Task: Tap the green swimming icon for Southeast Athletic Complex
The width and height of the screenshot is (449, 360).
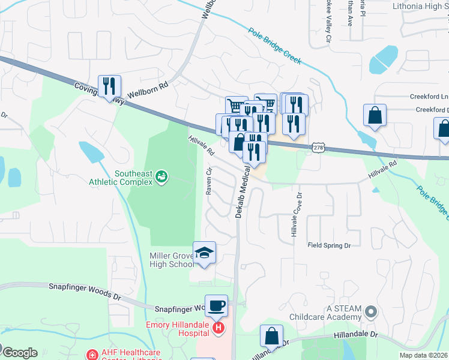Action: (x=160, y=176)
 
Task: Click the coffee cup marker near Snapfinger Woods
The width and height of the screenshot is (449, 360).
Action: (x=216, y=306)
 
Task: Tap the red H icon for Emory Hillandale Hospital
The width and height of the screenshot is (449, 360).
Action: (x=219, y=328)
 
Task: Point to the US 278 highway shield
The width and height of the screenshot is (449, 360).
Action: (x=318, y=148)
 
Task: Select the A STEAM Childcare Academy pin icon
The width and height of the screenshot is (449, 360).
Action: (x=371, y=311)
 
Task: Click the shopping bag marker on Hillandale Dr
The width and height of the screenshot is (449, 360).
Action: (x=271, y=336)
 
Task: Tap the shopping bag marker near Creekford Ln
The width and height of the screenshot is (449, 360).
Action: (x=375, y=116)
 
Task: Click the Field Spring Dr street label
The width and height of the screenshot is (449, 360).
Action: (x=329, y=245)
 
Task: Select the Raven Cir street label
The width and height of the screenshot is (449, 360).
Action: (x=209, y=181)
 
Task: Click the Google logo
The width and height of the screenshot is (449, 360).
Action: (x=19, y=353)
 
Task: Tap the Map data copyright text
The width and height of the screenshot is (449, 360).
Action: (x=423, y=355)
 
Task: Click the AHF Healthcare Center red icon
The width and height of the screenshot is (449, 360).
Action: (x=92, y=355)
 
